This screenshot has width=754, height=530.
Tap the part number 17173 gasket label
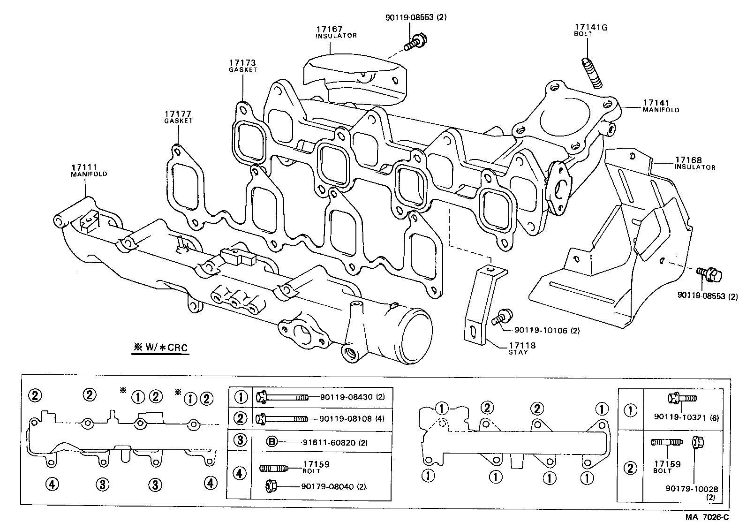pyautogui.click(x=242, y=62)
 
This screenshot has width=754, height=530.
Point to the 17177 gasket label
pyautogui.click(x=178, y=114)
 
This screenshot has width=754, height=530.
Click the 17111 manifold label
pyautogui.click(x=85, y=167)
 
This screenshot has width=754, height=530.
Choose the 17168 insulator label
pyautogui.click(x=688, y=160)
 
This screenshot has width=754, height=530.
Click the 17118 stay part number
pyautogui.click(x=522, y=346)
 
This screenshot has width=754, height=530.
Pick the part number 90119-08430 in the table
pyautogui.click(x=346, y=397)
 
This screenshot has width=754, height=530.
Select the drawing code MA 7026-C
pyautogui.click(x=707, y=517)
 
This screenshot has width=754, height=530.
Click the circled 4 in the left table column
pyautogui.click(x=240, y=473)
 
